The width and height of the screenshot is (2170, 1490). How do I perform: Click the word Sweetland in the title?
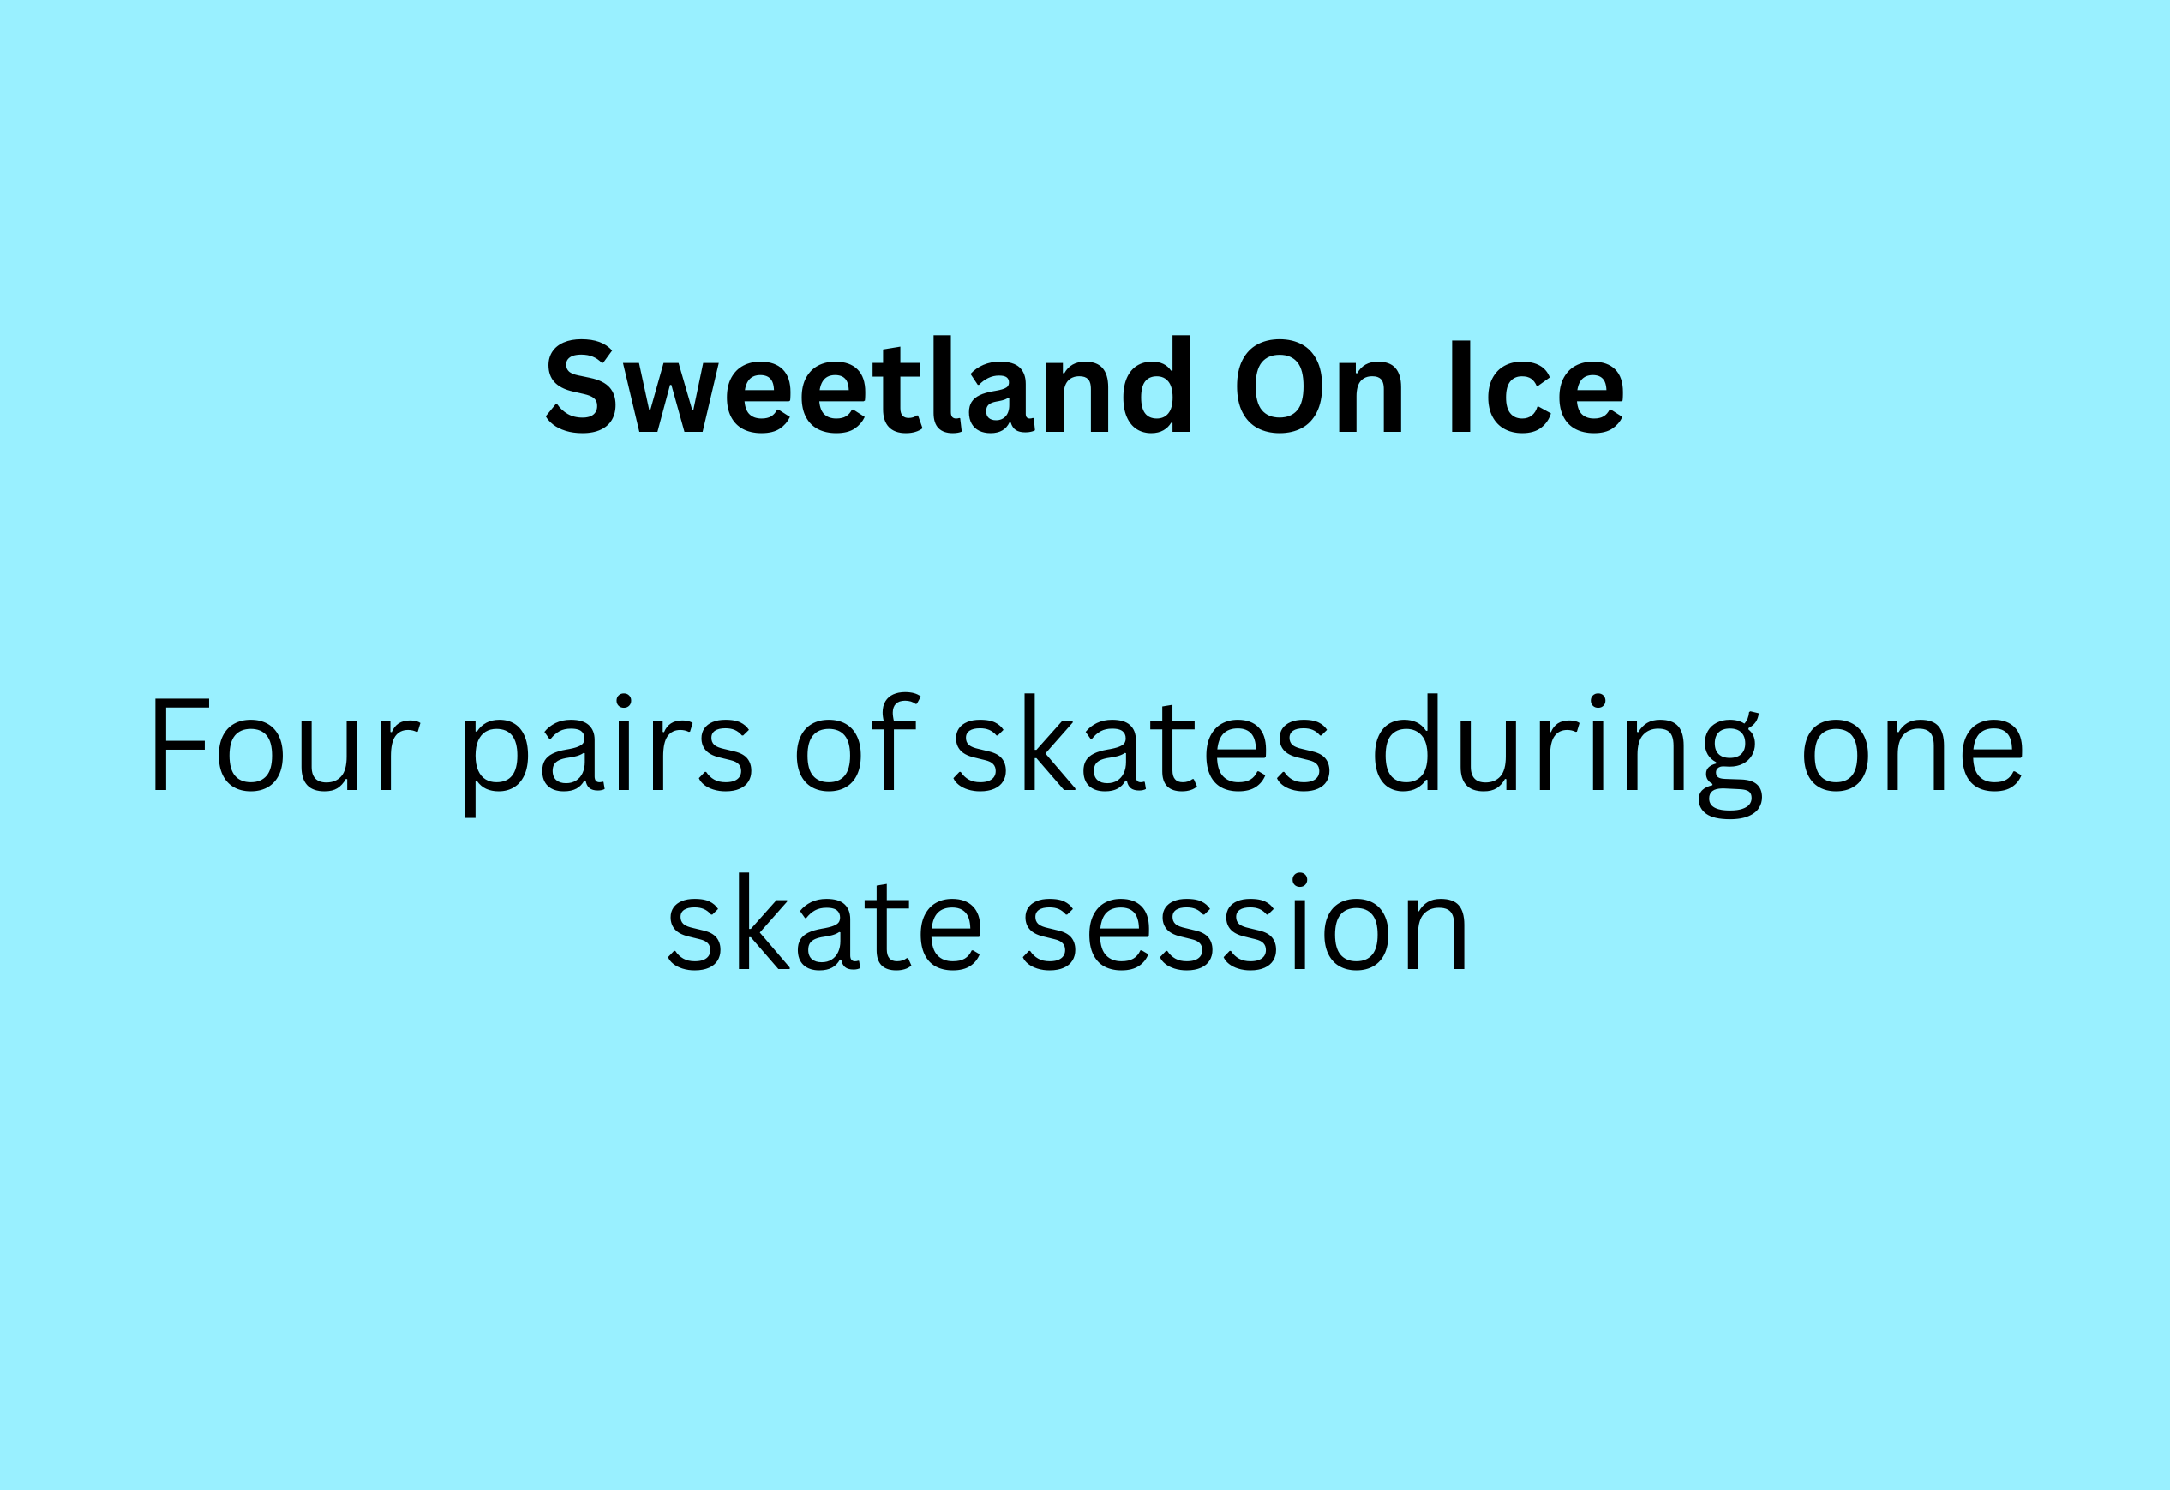click(868, 384)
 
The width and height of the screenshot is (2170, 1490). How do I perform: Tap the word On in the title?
click(1319, 386)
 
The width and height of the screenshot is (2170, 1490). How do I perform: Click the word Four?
click(286, 744)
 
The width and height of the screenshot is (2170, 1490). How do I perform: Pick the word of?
click(858, 742)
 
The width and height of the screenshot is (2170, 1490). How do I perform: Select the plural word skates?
click(1142, 742)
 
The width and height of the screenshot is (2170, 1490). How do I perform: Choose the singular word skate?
click(824, 921)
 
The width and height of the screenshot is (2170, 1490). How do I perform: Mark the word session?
click(1244, 921)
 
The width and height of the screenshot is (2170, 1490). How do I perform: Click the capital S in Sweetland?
click(581, 386)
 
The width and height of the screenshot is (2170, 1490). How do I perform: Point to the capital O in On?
click(1280, 386)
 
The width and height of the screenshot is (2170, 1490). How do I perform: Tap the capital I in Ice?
click(1461, 386)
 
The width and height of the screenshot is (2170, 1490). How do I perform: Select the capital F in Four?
click(181, 744)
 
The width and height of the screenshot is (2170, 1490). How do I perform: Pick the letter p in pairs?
click(497, 769)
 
